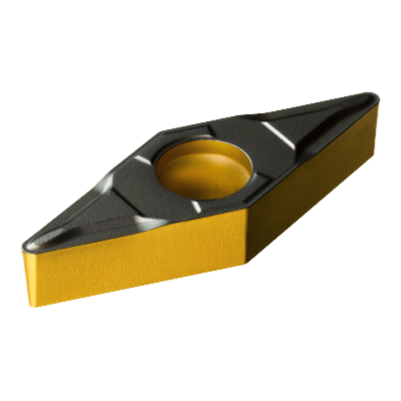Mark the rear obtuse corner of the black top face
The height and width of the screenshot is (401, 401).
tap(163, 133)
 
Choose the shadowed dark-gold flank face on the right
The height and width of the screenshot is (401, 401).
tap(314, 182)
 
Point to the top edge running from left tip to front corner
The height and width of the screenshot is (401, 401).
tap(139, 233)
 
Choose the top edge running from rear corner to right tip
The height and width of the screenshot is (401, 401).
tap(270, 113)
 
